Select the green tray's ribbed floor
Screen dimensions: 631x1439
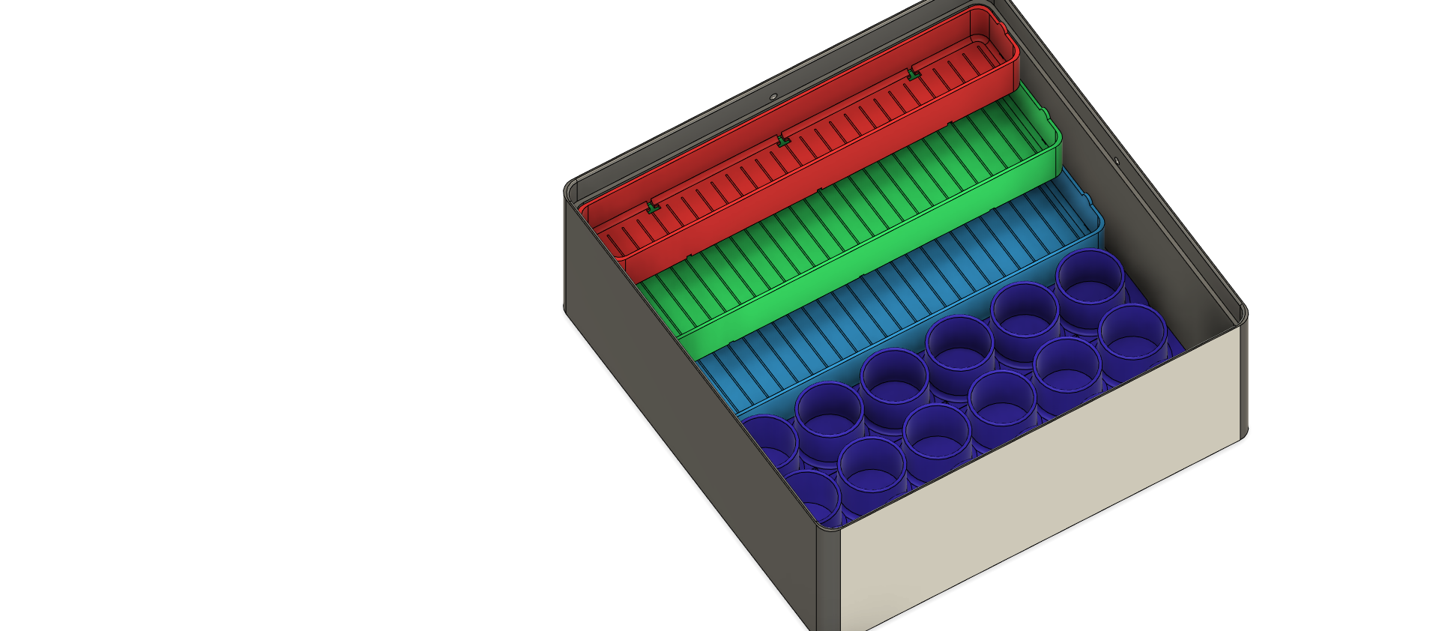(862, 225)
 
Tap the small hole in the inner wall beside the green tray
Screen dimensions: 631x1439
(1115, 160)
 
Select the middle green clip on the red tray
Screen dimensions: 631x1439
(782, 140)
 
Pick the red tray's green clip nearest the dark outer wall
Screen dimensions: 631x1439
(651, 206)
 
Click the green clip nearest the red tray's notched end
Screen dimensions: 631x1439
(912, 74)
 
